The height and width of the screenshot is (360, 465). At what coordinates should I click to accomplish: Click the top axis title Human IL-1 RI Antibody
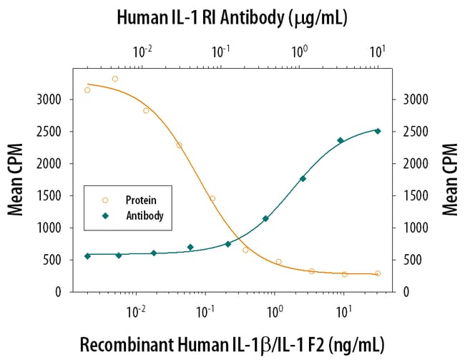232,19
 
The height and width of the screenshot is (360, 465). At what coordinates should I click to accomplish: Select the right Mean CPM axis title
449,180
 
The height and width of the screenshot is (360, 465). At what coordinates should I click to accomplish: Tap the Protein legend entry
137,200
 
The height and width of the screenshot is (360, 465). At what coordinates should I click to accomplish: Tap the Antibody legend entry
140,215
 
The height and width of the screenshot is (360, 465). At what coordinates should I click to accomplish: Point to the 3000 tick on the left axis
54,99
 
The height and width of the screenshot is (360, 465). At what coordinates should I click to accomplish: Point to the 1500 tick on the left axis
54,195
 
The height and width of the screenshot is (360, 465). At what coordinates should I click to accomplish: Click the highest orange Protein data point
115,79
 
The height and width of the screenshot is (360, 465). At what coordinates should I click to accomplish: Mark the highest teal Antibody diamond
378,131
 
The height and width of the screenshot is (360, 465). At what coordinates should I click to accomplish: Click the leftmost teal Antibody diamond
87,256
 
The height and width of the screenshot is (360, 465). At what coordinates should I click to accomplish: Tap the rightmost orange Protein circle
378,273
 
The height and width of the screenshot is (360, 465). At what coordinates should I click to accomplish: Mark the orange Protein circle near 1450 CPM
212,198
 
